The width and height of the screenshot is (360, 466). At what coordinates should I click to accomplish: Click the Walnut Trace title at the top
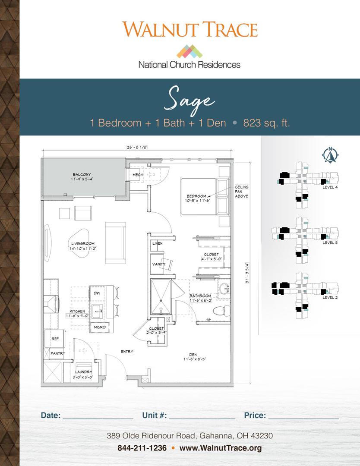coord(190,29)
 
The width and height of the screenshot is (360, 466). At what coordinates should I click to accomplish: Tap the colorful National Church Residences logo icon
coord(189,52)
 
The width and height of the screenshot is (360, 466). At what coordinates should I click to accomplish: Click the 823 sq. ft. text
coord(266,123)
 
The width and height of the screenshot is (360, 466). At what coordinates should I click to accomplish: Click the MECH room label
coord(138,175)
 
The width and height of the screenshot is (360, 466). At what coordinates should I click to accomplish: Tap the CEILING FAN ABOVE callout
coord(241,192)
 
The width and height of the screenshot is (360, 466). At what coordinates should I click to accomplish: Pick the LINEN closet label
coord(157,244)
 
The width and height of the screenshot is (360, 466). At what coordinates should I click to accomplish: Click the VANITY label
coord(157,264)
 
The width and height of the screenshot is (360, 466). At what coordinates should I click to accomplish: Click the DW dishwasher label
coord(96,293)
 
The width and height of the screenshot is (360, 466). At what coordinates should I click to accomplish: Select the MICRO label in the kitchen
coord(100,327)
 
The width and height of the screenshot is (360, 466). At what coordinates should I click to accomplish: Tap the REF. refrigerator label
coord(55,339)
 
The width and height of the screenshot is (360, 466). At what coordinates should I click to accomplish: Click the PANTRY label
coord(57,353)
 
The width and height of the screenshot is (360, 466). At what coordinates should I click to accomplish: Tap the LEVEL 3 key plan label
coord(330,243)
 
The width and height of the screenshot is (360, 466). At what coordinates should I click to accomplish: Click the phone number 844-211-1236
coord(142,448)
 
